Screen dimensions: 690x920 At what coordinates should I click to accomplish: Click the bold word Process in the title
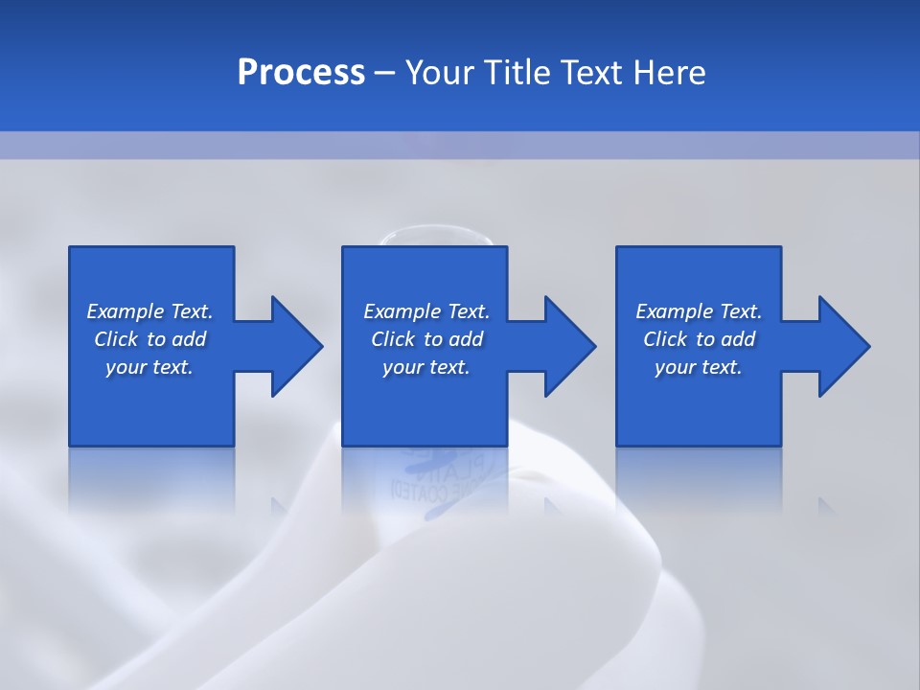tap(301, 73)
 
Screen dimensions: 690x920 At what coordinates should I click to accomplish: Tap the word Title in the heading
tap(517, 73)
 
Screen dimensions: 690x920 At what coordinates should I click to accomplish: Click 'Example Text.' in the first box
tap(149, 311)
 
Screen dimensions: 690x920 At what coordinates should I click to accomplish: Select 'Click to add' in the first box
tap(149, 339)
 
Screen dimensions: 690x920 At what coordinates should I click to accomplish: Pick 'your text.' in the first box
tap(149, 367)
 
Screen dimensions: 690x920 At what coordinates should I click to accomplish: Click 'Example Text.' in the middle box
tap(426, 311)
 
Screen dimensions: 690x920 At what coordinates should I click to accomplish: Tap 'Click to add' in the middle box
tap(426, 339)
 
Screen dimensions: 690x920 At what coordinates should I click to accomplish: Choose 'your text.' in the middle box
tap(426, 367)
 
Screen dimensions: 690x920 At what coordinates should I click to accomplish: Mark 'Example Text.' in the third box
tap(699, 311)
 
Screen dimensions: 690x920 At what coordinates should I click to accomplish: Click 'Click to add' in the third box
tap(699, 339)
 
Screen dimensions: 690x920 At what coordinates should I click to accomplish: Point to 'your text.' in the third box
tap(699, 367)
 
